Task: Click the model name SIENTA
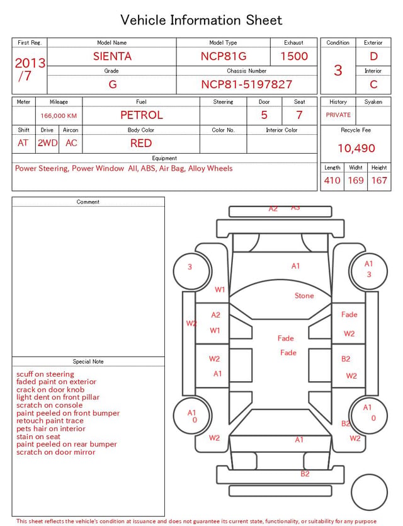pos(112,56)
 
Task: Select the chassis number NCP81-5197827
pos(246,84)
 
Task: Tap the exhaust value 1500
pos(294,56)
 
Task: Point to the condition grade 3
pos(338,71)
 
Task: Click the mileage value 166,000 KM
pos(59,116)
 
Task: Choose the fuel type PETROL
pos(142,115)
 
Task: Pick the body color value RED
pos(141,143)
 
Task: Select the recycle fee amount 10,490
pos(356,148)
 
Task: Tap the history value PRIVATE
pos(338,115)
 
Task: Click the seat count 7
pos(299,115)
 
